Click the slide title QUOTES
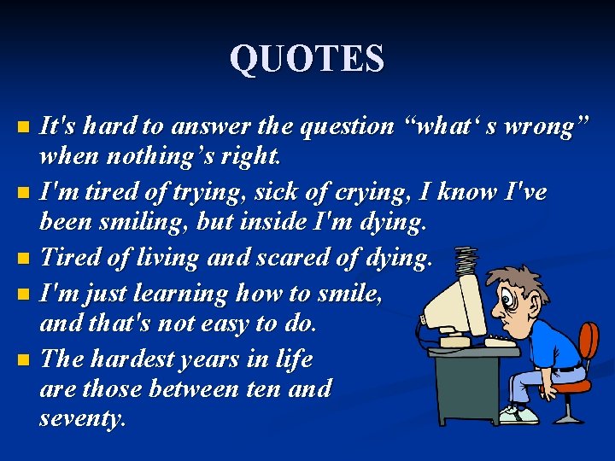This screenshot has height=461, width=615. [307, 59]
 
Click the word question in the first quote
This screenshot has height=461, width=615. [345, 126]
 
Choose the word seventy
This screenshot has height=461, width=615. [82, 418]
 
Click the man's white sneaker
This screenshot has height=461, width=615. [523, 416]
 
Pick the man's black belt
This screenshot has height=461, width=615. [568, 368]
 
